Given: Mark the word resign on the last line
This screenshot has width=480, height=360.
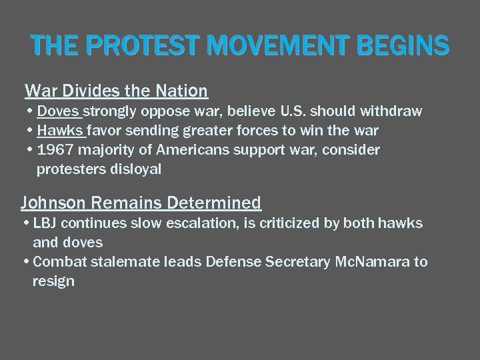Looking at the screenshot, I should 53,281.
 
